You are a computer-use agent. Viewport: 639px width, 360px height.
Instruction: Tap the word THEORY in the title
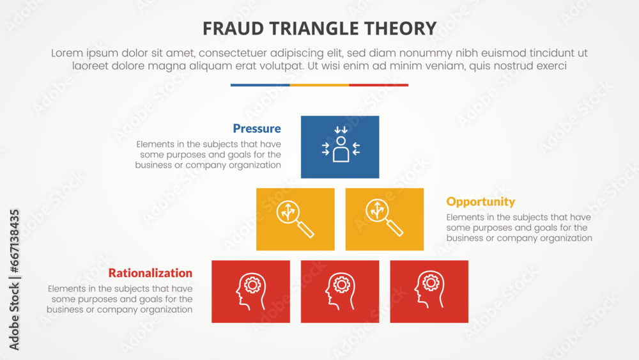click(405, 28)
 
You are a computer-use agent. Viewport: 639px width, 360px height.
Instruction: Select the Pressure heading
click(256, 129)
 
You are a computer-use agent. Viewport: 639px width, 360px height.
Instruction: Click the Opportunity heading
click(481, 201)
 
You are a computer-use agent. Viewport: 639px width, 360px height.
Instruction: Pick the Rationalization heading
click(150, 273)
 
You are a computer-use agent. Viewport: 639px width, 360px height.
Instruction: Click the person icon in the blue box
click(340, 147)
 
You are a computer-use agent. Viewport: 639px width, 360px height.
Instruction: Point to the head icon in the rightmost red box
click(429, 292)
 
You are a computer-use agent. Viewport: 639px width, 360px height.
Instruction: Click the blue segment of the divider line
click(260, 85)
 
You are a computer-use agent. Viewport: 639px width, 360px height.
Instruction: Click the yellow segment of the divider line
click(319, 85)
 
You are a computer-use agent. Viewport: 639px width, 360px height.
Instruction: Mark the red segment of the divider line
click(378, 85)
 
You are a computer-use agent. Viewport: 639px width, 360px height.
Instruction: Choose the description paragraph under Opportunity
click(519, 228)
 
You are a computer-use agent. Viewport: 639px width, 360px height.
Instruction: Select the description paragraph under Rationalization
click(119, 299)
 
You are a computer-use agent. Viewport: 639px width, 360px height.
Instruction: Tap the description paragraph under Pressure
click(208, 155)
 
